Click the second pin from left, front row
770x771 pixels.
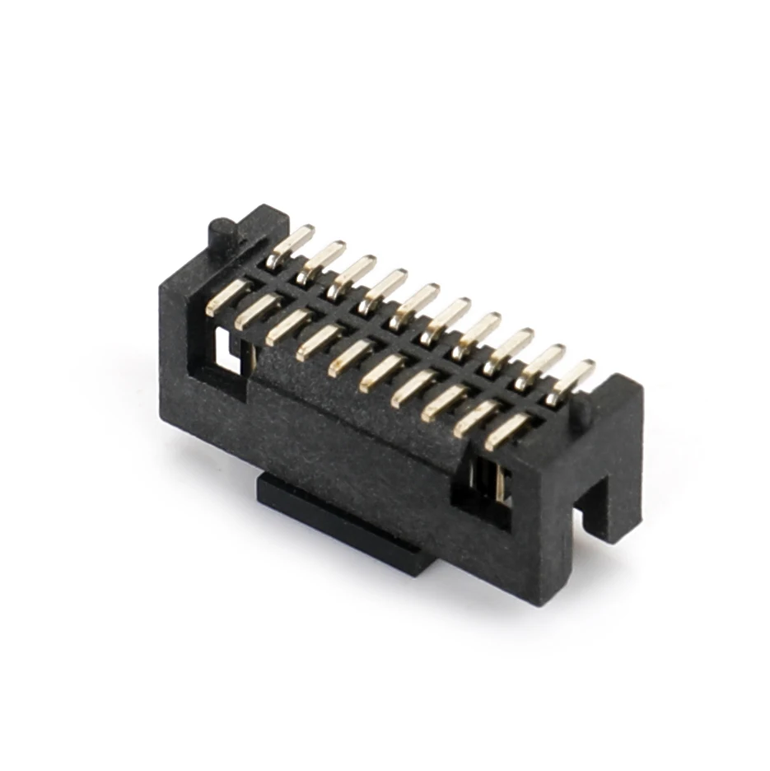click(256, 312)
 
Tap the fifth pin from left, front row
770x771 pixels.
click(349, 356)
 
